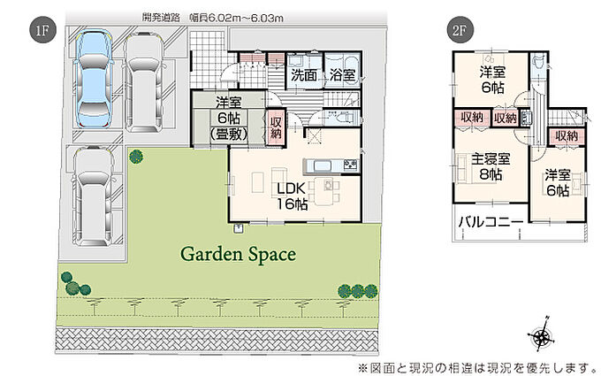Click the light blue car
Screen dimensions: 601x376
coord(93,80)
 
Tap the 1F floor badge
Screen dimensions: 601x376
coord(42,29)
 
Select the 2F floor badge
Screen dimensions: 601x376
coord(460,29)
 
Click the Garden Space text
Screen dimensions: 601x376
coord(238,255)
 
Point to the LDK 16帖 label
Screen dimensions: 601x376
coord(292,196)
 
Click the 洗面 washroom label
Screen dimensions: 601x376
coord(303,75)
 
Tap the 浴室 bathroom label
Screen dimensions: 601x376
coord(342,75)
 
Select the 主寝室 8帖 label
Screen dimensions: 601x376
coord(491,167)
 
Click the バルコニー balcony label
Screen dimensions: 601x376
coord(491,222)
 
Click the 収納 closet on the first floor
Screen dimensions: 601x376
coord(276,127)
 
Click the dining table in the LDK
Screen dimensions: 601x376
coord(325,190)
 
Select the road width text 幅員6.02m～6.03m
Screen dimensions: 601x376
coord(237,18)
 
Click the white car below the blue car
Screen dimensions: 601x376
coord(93,196)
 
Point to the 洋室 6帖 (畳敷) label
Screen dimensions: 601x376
coord(228,119)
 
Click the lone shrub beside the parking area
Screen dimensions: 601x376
coord(136,157)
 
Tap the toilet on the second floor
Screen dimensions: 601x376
coord(536,62)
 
